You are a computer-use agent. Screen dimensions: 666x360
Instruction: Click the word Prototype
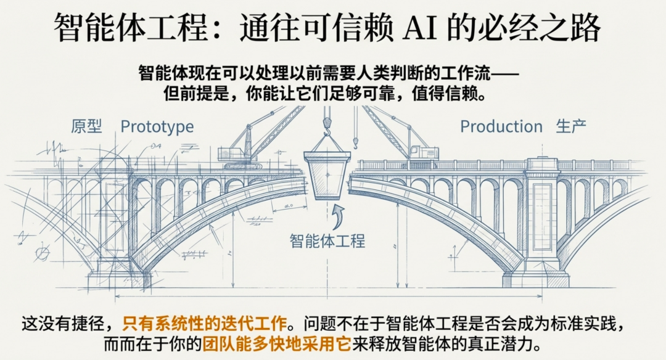157,127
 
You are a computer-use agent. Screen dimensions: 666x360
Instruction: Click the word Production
501,127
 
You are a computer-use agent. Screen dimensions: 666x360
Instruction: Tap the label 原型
86,127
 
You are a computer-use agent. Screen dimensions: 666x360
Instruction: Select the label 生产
571,127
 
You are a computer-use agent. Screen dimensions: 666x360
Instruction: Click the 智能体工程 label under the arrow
327,240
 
